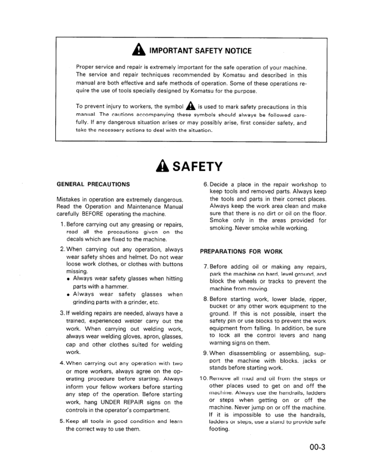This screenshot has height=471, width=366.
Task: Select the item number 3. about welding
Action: tap(63, 313)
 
